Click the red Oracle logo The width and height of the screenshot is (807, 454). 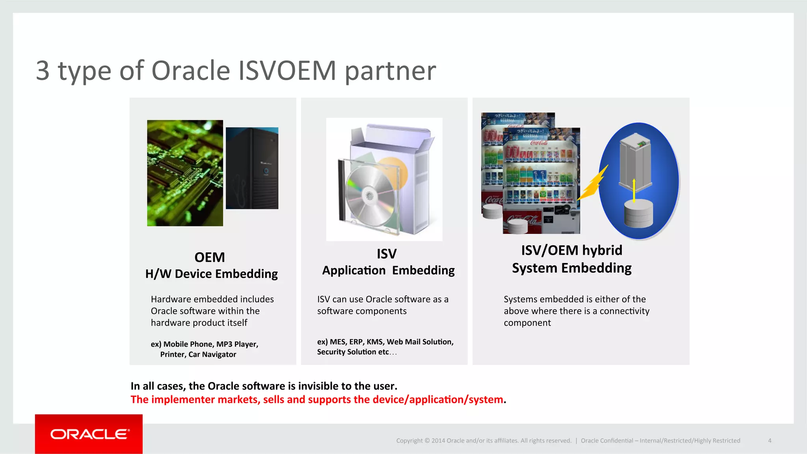[x=89, y=434]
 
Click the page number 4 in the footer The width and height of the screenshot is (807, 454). [x=770, y=441]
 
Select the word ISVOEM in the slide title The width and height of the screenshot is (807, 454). [x=287, y=71]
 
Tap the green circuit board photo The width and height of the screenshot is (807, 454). [x=185, y=173]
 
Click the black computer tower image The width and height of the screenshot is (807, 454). [x=252, y=168]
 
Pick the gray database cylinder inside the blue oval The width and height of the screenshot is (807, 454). [x=638, y=213]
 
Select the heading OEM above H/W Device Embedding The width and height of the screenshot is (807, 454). [x=210, y=258]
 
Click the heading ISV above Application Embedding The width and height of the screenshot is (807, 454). [x=387, y=254]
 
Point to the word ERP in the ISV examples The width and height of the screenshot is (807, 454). [x=356, y=342]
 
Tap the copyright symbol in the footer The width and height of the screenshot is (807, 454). [x=427, y=441]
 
